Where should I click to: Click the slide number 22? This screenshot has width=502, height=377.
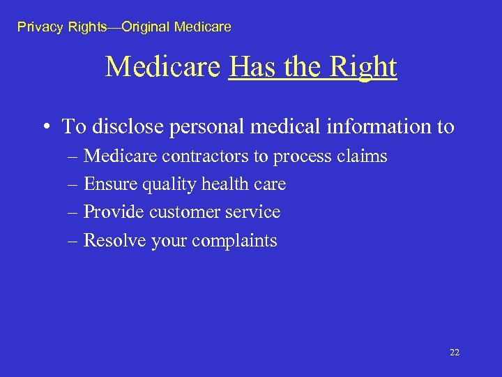tap(455, 353)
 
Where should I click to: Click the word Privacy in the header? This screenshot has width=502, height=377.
tap(40, 27)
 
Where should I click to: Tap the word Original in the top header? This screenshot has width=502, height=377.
tap(146, 27)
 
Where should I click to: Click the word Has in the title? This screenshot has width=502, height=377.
tap(250, 67)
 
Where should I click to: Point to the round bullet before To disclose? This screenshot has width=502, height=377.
tap(45, 127)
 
